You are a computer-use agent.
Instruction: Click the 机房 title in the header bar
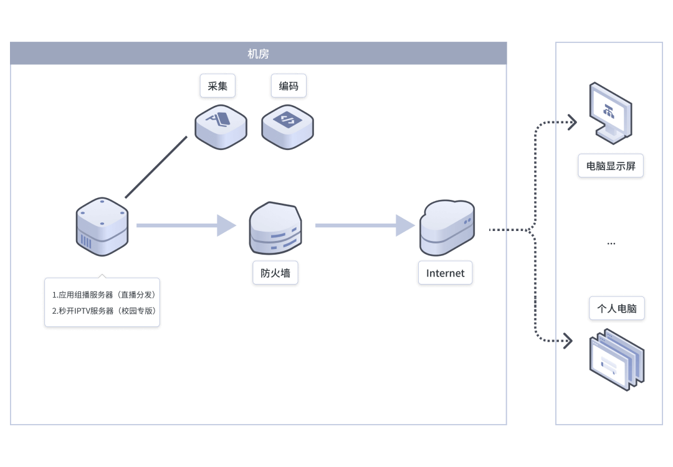258,54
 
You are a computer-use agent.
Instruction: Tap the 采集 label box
217,86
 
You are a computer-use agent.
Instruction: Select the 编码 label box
289,86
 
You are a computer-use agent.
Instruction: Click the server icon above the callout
102,227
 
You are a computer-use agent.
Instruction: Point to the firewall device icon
275,228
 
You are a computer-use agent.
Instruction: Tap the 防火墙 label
275,273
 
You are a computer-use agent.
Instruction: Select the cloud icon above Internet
446,227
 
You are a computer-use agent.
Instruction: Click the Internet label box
445,273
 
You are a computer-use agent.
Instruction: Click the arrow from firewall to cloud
365,225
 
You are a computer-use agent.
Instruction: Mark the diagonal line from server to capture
156,167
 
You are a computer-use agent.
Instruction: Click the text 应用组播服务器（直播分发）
103,295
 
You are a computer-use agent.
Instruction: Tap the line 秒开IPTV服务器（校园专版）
103,311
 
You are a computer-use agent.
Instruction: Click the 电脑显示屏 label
610,166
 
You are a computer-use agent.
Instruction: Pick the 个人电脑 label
616,308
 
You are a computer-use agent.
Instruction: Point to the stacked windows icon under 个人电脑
616,359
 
